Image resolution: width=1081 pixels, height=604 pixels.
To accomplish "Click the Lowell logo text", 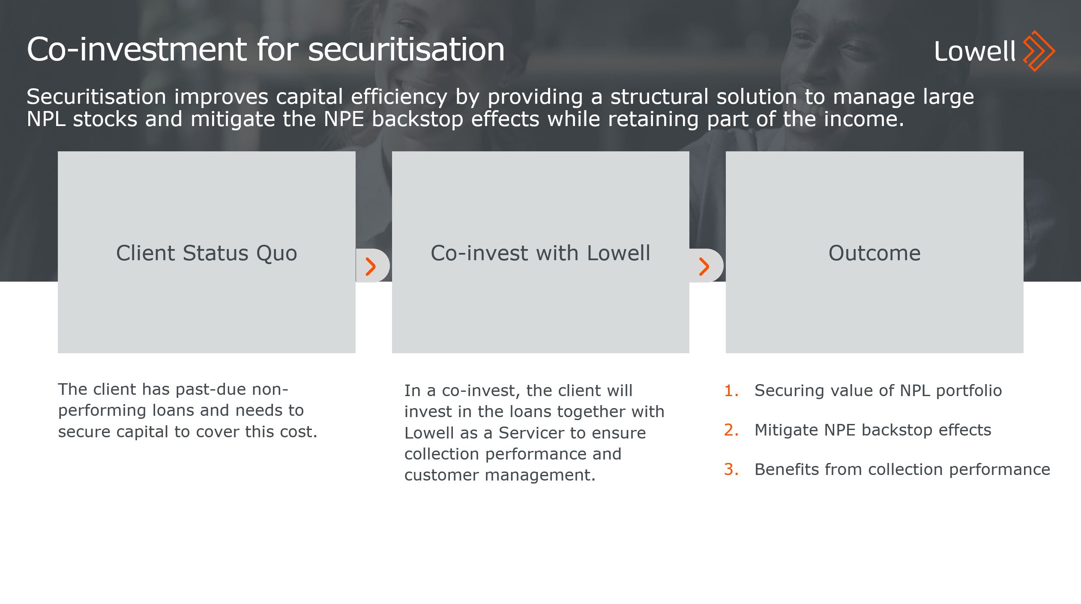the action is (x=974, y=51).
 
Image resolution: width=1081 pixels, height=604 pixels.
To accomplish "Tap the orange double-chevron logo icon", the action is (x=1039, y=51).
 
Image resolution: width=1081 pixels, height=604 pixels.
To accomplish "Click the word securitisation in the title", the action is (x=406, y=49).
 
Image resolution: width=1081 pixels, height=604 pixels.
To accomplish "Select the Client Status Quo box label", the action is (x=207, y=253).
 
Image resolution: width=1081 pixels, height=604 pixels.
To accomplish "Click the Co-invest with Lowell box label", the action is (x=540, y=253).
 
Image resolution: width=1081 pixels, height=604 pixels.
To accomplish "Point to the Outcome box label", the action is (x=874, y=253).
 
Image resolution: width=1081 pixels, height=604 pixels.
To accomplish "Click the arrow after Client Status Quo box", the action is (x=371, y=266).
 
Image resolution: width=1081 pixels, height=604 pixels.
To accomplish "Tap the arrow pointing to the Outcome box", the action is (x=704, y=266).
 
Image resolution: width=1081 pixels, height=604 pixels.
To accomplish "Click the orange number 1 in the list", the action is (x=731, y=391).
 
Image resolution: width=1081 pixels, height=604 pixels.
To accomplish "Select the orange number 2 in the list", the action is (x=731, y=430).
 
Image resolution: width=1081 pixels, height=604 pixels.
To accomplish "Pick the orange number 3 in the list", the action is (x=731, y=469).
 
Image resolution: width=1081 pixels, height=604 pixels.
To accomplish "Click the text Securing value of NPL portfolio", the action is (x=878, y=391).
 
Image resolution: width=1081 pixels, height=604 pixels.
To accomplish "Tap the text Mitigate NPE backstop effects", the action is (x=873, y=430).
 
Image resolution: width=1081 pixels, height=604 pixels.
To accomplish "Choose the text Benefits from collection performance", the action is (x=902, y=469).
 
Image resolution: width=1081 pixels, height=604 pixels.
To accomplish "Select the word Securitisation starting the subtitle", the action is (x=96, y=96).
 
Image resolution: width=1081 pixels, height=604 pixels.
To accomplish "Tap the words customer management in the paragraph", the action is (x=500, y=475).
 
